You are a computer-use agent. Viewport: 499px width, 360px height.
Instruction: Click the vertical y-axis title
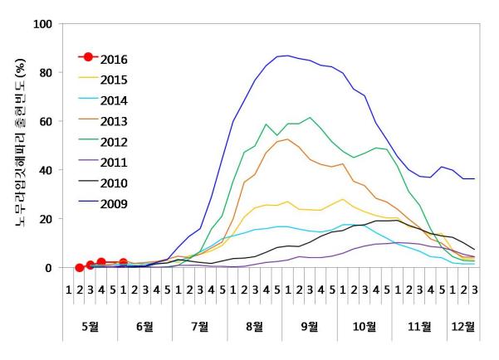(17, 146)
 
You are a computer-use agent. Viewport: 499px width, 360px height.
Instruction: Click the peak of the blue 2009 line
(287, 56)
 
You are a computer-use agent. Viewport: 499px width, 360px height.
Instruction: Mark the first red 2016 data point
(80, 267)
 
